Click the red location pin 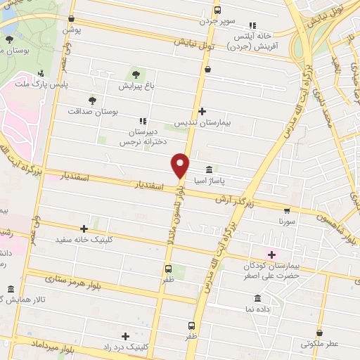coord(181,165)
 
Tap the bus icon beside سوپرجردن coord(217,10)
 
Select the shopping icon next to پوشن coord(72,20)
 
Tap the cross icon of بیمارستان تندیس coord(202,111)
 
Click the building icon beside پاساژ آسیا coord(210,169)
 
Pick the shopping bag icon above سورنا coord(287,209)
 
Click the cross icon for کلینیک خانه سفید coord(84,228)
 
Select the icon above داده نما coord(257,297)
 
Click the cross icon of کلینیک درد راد coord(125,335)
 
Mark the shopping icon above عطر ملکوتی coord(320,332)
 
